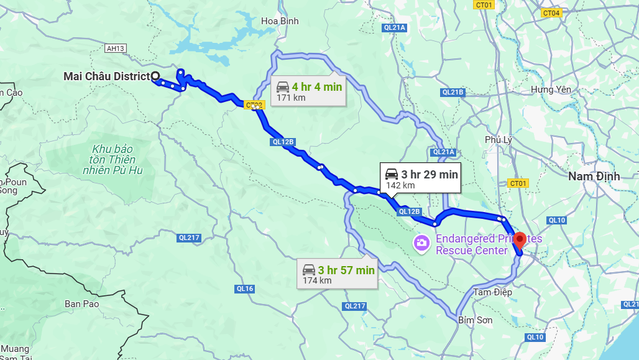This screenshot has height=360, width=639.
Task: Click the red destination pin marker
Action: pyautogui.click(x=520, y=240)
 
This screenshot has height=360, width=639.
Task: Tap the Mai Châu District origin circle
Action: pyautogui.click(x=155, y=76)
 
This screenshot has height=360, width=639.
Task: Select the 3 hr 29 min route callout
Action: pyautogui.click(x=421, y=178)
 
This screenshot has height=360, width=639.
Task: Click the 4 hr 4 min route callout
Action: pyautogui.click(x=308, y=91)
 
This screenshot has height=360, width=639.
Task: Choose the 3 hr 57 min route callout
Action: pyautogui.click(x=338, y=274)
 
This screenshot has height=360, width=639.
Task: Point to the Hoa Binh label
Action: pyautogui.click(x=280, y=21)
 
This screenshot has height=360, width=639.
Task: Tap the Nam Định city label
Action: pyautogui.click(x=594, y=177)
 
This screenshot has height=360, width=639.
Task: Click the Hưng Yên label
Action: pyautogui.click(x=550, y=90)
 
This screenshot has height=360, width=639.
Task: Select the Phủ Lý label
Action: pyautogui.click(x=499, y=139)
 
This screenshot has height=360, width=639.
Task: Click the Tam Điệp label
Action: pyautogui.click(x=492, y=292)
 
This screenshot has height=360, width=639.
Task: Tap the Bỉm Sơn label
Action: pyautogui.click(x=475, y=320)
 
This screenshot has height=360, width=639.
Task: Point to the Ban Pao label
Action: pyautogui.click(x=82, y=304)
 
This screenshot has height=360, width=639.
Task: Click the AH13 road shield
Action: pyautogui.click(x=115, y=48)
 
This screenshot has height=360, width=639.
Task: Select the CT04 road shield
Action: pyautogui.click(x=551, y=13)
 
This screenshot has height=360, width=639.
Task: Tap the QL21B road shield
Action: pyautogui.click(x=453, y=92)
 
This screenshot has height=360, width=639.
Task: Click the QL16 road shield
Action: pyautogui.click(x=245, y=288)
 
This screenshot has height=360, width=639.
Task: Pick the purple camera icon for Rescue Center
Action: pyautogui.click(x=422, y=242)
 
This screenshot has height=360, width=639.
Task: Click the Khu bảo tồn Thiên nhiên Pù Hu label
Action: pyautogui.click(x=113, y=160)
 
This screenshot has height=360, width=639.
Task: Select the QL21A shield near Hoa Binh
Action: pyautogui.click(x=394, y=27)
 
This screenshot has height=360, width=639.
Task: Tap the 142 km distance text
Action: pyautogui.click(x=400, y=185)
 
